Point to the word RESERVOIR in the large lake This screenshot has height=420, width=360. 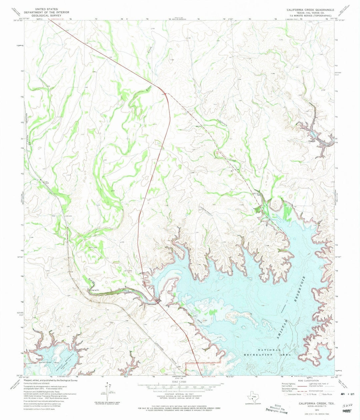(x=301, y=290)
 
